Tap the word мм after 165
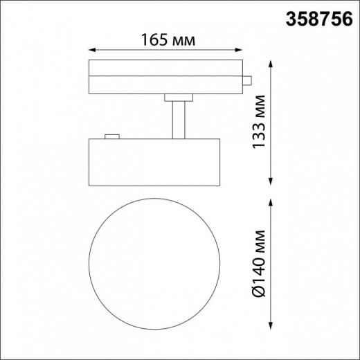pyautogui.click(x=179, y=40)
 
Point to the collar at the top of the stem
pyautogui.click(x=178, y=96)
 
